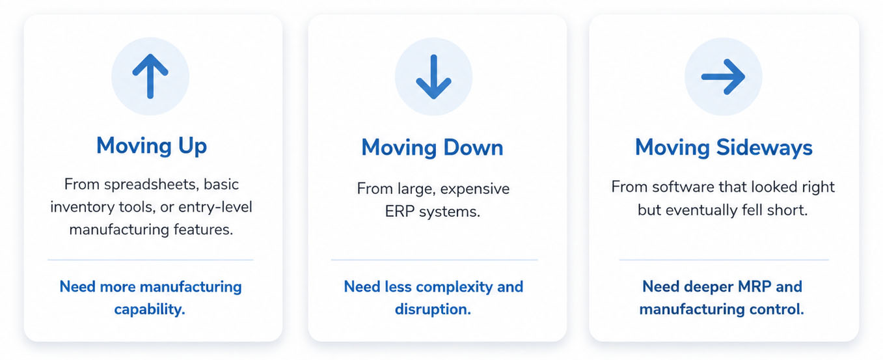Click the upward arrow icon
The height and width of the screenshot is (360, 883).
coord(150,76)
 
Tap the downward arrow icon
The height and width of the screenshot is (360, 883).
coord(433,77)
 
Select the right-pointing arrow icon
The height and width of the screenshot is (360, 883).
coord(724,77)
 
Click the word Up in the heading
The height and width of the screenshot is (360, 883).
coord(193,146)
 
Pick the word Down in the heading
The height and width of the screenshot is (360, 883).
coord(473,148)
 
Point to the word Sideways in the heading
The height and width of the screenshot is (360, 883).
coord(764,148)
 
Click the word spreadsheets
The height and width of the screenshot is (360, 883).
coord(152,184)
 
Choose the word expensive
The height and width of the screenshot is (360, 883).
coord(474,189)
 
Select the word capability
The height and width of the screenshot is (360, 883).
coord(150,309)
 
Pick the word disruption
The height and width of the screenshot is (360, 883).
coord(433,309)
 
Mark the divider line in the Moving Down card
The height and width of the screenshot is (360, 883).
coord(435,260)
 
